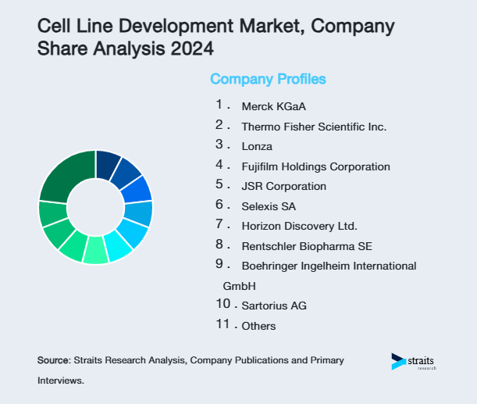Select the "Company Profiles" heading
coord(268,79)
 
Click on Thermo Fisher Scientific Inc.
coord(314,126)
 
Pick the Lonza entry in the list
coord(257,146)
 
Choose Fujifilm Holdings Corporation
coord(315,166)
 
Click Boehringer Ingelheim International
coord(329,266)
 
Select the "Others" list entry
coord(258,326)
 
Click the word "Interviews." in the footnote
coord(60,381)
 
